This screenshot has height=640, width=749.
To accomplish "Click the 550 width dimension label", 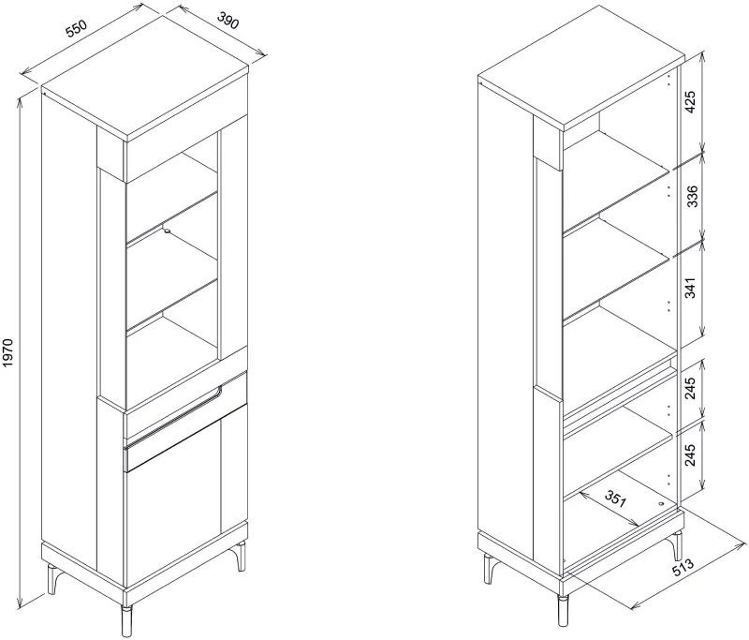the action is point(77,28).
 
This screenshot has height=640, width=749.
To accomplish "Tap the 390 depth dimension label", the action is point(228,20).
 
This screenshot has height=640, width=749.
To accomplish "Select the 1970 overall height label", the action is point(8,352).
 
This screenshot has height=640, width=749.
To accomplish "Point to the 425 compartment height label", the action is point(690,101).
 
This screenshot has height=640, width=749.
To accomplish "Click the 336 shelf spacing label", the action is point(691,196).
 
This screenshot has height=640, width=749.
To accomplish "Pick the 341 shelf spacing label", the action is point(691,288).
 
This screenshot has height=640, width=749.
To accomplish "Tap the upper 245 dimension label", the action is point(690,388).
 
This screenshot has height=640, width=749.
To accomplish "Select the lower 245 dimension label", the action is point(690,454).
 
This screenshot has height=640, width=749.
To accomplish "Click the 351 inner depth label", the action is point(615,499).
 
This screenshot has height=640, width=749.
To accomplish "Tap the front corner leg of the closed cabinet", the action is point(126,620).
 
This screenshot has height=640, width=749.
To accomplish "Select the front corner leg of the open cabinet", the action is point(564,609).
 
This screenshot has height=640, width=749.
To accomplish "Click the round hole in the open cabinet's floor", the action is point(661,504).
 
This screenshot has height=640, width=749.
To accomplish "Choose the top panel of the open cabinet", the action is point(581,67).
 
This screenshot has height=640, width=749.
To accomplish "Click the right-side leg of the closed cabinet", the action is point(241,556).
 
